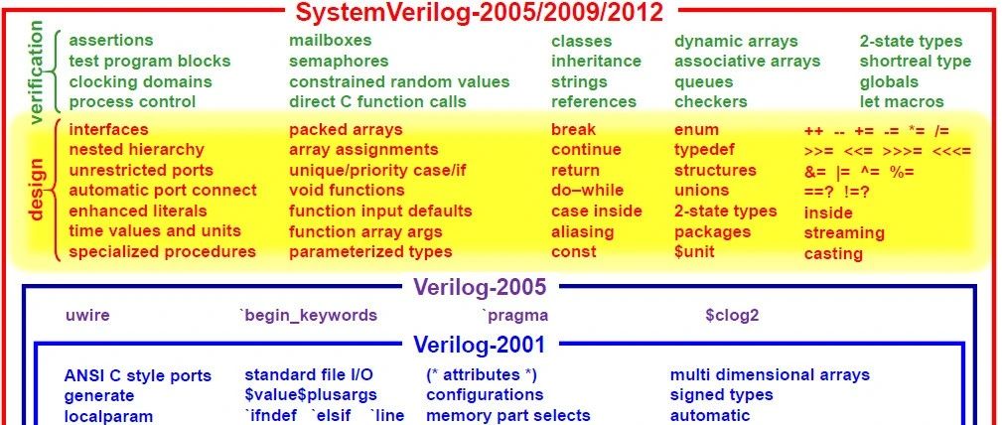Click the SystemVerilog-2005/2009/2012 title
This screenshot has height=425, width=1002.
tap(479, 13)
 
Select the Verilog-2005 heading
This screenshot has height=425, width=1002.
tap(480, 288)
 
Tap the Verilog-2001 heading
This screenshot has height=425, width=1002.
tap(480, 345)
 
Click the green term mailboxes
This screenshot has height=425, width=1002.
tap(330, 41)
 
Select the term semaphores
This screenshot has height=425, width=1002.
tap(339, 62)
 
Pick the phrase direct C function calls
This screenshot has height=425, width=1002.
tap(377, 101)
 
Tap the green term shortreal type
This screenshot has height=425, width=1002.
tap(915, 62)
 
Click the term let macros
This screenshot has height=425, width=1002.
tap(902, 101)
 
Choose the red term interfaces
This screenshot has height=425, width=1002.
tap(108, 130)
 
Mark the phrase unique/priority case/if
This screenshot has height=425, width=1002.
tap(377, 171)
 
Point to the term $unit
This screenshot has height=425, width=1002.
tap(694, 251)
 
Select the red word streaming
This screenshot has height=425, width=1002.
tap(843, 232)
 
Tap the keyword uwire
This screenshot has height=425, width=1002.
tap(87, 315)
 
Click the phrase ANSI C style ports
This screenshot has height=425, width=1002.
tap(138, 375)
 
